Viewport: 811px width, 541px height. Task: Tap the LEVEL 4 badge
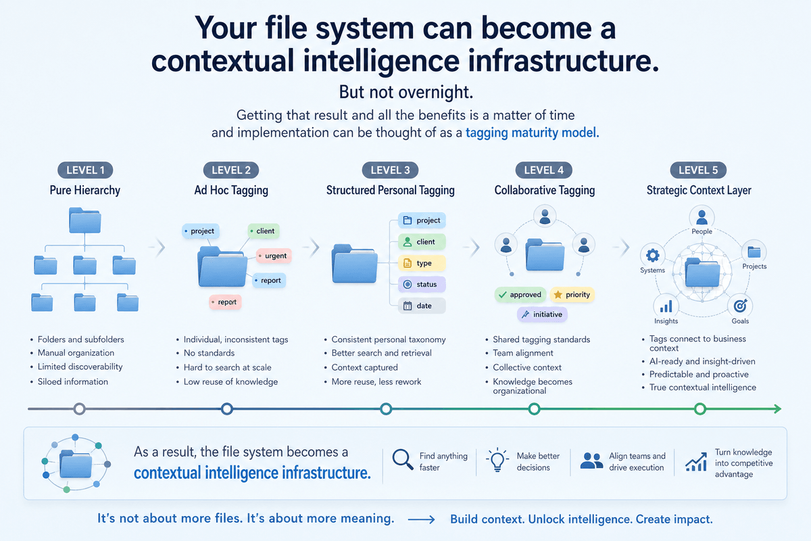coord(544,170)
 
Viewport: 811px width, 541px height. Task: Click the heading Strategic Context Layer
coord(699,190)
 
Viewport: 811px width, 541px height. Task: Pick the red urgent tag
coord(272,256)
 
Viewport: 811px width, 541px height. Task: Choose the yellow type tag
coord(422,263)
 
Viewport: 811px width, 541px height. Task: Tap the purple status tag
coord(422,285)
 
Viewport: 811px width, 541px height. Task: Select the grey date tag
coord(422,306)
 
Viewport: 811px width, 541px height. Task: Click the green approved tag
coord(520,295)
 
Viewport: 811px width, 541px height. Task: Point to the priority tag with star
coord(571,295)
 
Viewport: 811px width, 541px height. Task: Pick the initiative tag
coord(543,314)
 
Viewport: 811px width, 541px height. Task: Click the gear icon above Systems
coord(652,256)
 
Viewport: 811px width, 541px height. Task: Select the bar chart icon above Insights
coord(666,306)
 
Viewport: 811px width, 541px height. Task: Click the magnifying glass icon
coord(403,460)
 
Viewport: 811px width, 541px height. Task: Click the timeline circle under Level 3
coord(386,409)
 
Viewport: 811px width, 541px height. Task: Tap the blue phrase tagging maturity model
coord(532,133)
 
